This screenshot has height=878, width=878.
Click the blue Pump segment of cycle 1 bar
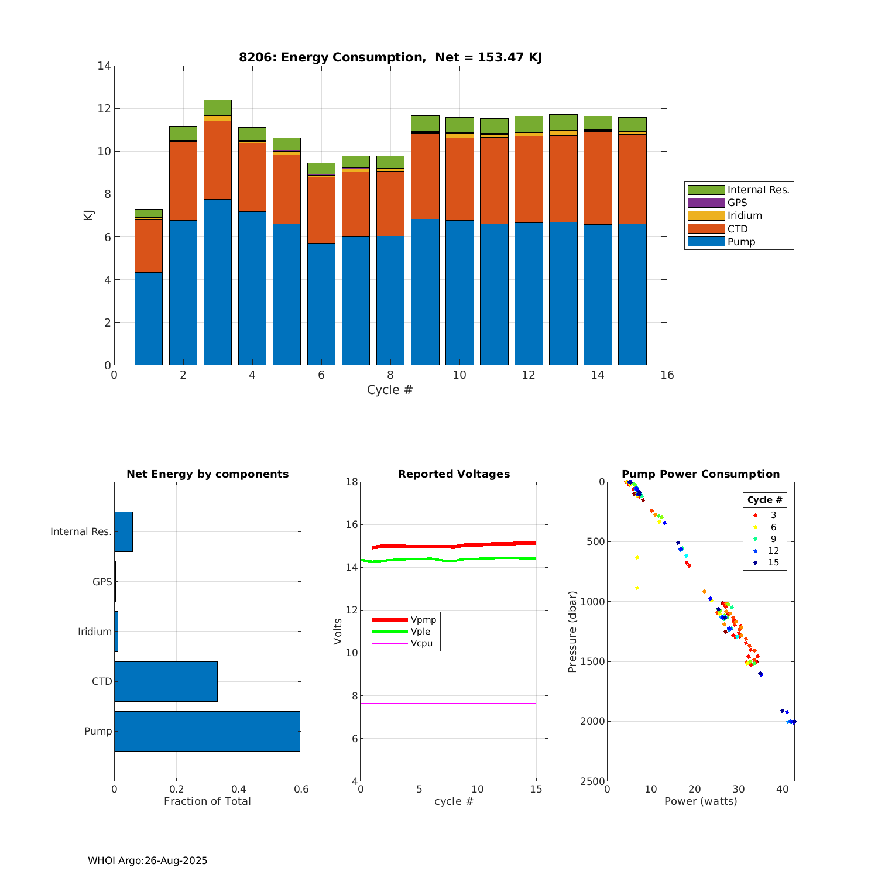click(149, 318)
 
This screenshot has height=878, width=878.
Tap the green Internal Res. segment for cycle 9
click(425, 123)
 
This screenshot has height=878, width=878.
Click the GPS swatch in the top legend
click(706, 203)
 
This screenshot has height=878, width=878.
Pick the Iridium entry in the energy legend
click(745, 215)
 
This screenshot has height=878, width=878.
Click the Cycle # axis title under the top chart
click(390, 390)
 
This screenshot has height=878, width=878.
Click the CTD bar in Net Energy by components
click(166, 681)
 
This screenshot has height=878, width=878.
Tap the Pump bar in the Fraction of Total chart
click(207, 731)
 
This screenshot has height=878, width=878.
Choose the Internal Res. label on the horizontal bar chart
click(81, 531)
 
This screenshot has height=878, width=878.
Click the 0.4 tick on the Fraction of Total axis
click(239, 789)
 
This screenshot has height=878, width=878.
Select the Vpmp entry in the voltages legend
click(423, 620)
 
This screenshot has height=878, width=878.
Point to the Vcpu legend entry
click(421, 643)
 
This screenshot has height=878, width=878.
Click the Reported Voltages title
click(454, 474)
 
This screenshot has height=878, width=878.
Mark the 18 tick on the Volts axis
click(351, 482)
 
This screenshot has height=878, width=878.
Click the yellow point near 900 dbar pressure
click(637, 588)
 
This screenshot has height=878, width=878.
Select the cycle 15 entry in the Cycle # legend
click(773, 563)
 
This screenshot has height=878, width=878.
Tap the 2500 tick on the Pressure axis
click(592, 781)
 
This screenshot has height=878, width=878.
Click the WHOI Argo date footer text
click(148, 860)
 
